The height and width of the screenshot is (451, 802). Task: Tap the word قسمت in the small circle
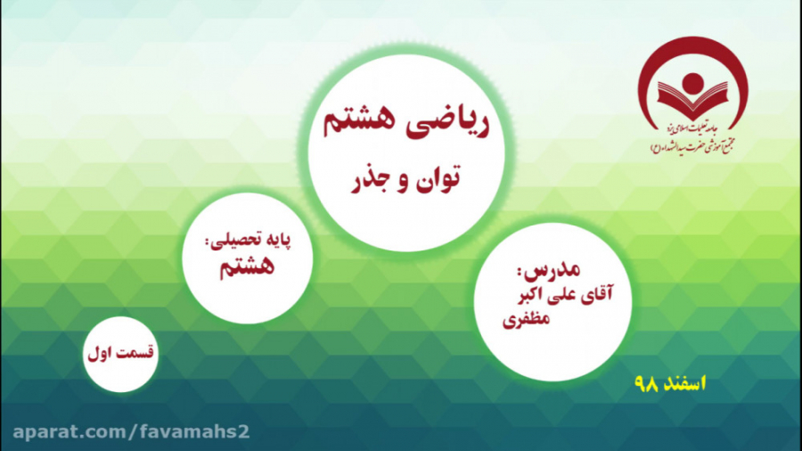pos(137,353)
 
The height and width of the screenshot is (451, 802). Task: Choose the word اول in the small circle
pos(101,353)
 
